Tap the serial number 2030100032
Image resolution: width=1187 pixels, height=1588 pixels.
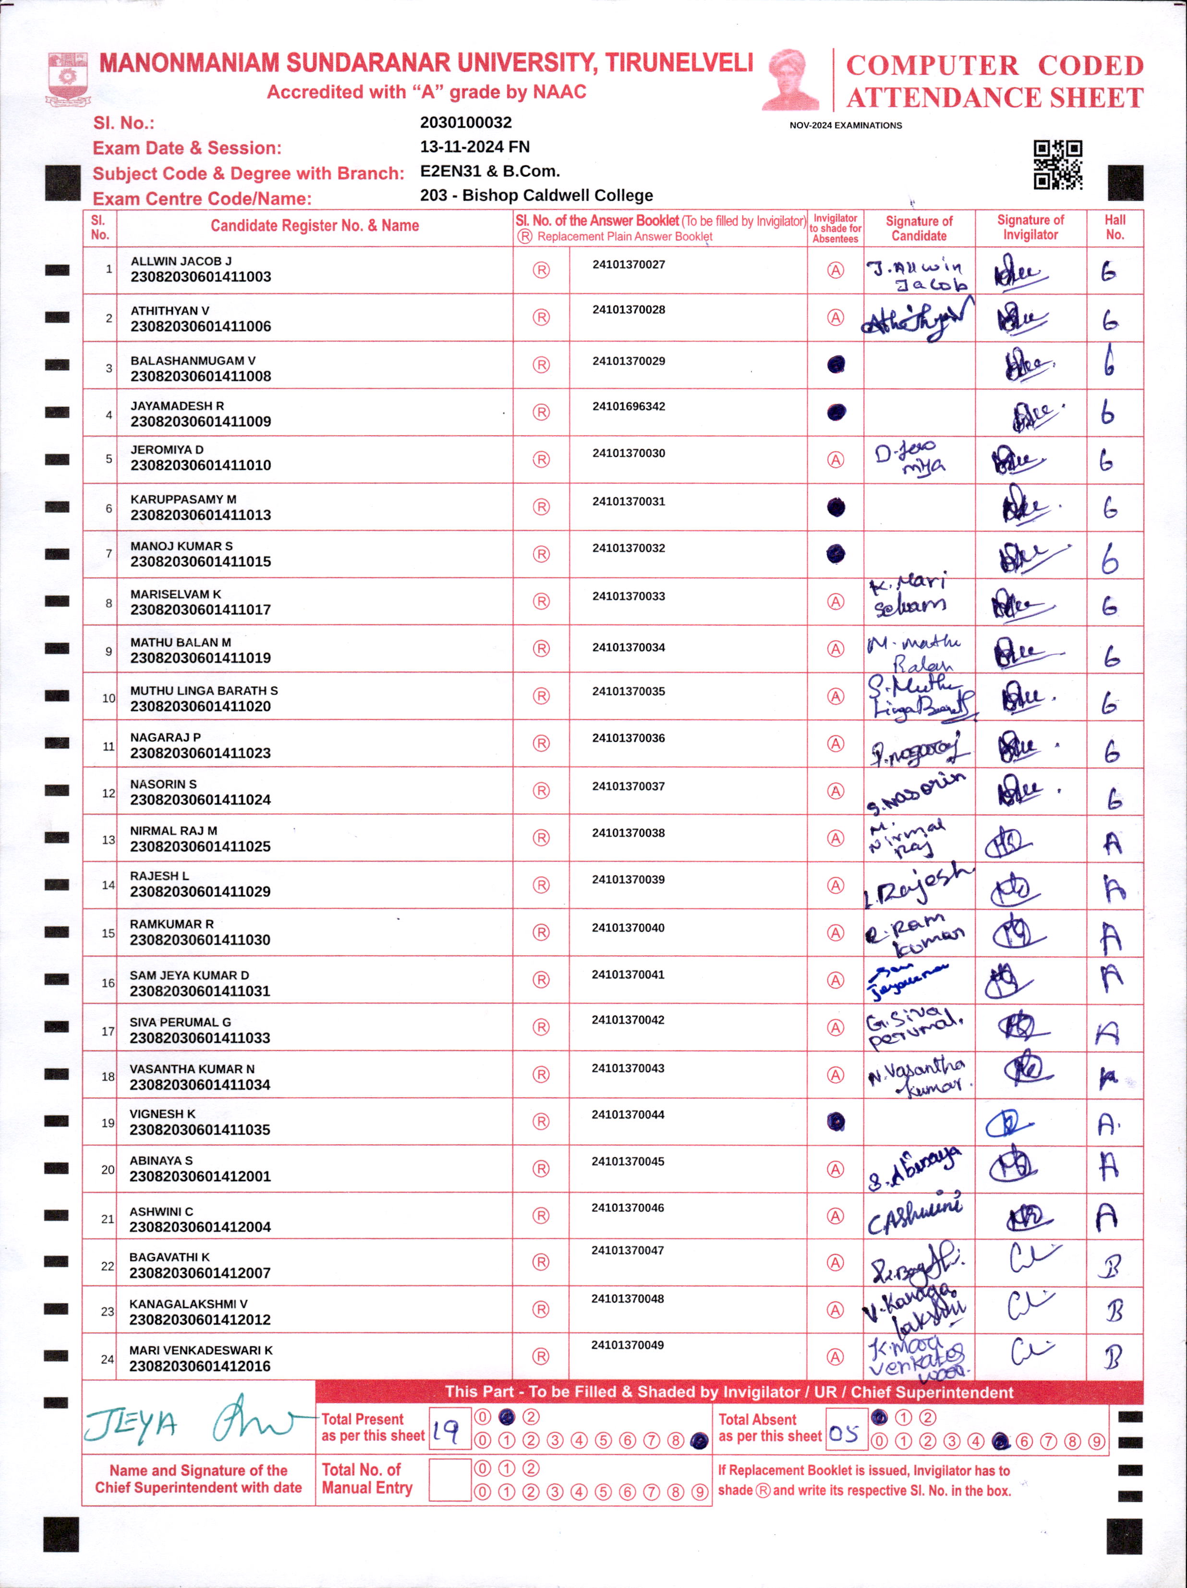(x=466, y=123)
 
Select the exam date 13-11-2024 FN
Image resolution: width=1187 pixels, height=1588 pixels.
(x=474, y=147)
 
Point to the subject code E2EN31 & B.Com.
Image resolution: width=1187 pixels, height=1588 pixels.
(x=489, y=171)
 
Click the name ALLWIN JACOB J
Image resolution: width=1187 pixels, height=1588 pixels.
(x=181, y=261)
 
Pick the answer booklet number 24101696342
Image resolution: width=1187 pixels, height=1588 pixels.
(x=629, y=406)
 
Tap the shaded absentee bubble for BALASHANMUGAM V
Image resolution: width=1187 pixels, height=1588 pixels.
(x=836, y=365)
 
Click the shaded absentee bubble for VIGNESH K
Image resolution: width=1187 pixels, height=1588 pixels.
(x=836, y=1122)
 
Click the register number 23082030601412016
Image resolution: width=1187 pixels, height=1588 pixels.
(x=199, y=1366)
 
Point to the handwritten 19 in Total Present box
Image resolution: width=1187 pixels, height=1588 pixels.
(x=447, y=1431)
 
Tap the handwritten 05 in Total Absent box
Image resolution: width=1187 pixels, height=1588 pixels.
(x=843, y=1434)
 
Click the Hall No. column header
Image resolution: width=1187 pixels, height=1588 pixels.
(x=1114, y=228)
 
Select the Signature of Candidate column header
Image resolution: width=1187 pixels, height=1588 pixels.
(x=919, y=228)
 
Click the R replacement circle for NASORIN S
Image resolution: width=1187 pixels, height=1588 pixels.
(x=541, y=791)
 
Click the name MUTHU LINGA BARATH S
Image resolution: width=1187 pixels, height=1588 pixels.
(x=204, y=691)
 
